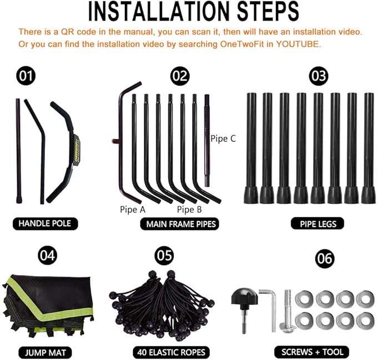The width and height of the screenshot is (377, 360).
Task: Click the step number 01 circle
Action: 26,76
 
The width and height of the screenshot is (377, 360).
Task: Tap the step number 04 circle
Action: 48,256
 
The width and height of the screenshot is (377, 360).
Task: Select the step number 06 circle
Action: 325,259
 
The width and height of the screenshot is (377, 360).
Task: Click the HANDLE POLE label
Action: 45,223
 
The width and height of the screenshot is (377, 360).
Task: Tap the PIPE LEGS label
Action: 318,224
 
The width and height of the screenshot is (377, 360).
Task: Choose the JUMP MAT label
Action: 45,353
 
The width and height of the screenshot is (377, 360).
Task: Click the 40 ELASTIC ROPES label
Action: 171,353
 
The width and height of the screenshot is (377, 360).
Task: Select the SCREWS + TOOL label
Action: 312,352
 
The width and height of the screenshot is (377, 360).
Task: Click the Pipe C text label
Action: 223,138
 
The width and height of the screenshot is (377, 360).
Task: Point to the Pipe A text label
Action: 133,209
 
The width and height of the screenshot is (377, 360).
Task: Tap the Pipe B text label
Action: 189,209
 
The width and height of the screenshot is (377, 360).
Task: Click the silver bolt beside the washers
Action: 288,311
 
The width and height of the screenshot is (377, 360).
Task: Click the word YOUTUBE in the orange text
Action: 299,44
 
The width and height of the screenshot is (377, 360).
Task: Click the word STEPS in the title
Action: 268,11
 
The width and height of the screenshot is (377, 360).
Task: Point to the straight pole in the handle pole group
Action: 18,151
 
